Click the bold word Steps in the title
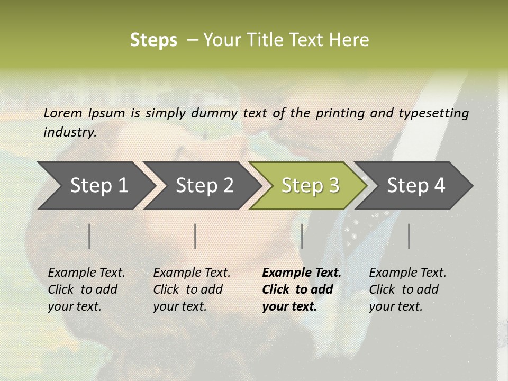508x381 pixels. click(x=153, y=40)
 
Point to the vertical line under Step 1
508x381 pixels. click(x=89, y=236)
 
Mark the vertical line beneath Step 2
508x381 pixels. click(x=195, y=236)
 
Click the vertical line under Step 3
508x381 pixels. click(x=302, y=236)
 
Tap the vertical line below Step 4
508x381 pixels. click(x=409, y=236)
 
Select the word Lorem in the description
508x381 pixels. click(x=63, y=113)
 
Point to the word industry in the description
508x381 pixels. click(x=69, y=132)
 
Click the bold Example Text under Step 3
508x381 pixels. click(x=302, y=273)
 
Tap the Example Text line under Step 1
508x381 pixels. click(x=86, y=273)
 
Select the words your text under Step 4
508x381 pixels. click(x=395, y=306)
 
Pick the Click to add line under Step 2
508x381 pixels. click(x=188, y=289)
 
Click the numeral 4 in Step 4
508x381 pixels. click(x=439, y=185)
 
